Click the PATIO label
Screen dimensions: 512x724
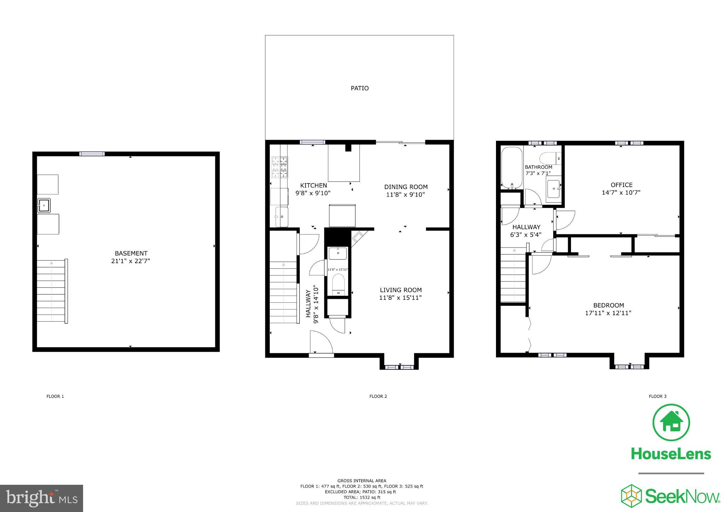point(360,88)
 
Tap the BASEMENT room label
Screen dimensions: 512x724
point(131,253)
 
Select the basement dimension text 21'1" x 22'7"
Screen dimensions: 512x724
point(130,261)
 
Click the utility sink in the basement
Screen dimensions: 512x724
point(44,205)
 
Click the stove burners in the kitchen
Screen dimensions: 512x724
point(279,167)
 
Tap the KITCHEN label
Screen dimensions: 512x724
point(313,185)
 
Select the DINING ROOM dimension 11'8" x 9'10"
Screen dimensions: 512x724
point(405,194)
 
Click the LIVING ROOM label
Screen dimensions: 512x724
point(401,290)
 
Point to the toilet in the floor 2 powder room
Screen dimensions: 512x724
point(338,284)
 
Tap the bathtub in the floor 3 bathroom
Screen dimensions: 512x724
point(512,167)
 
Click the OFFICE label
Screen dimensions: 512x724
point(621,185)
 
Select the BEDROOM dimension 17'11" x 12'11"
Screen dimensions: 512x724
point(608,313)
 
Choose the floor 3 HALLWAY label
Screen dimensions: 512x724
point(526,227)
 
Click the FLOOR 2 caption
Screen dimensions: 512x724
point(378,396)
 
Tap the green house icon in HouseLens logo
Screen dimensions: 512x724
point(671,423)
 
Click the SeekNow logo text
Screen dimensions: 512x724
point(682,496)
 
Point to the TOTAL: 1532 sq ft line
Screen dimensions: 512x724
point(362,498)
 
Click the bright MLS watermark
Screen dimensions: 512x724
point(41,498)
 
